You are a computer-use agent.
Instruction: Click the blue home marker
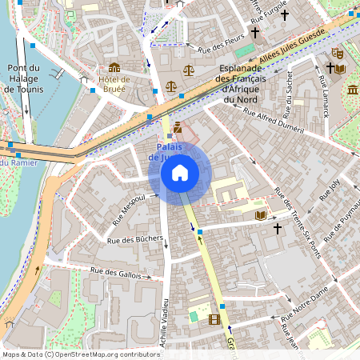[x=179, y=173]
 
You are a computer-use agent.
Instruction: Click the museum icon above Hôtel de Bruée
[x=114, y=68]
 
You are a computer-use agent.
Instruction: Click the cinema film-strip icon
[x=214, y=318]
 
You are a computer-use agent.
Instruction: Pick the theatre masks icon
[x=338, y=51]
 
